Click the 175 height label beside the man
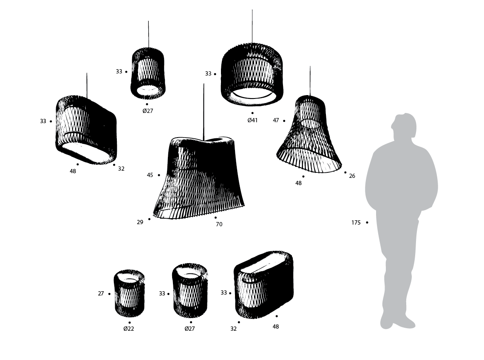click(x=356, y=222)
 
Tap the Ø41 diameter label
click(x=252, y=120)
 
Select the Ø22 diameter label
click(x=129, y=329)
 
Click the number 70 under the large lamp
click(x=219, y=224)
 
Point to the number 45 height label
click(x=150, y=175)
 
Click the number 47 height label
click(x=276, y=121)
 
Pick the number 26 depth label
click(x=352, y=176)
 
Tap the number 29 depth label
click(x=140, y=222)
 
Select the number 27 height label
click(x=101, y=293)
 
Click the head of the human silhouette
click(x=403, y=126)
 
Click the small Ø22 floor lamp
click(x=129, y=293)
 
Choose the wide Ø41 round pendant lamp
click(x=252, y=74)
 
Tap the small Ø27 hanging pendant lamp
click(x=148, y=73)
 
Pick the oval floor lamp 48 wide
click(x=264, y=284)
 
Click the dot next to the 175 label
click(x=367, y=222)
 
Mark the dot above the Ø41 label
click(x=252, y=113)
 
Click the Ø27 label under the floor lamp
click(x=190, y=329)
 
